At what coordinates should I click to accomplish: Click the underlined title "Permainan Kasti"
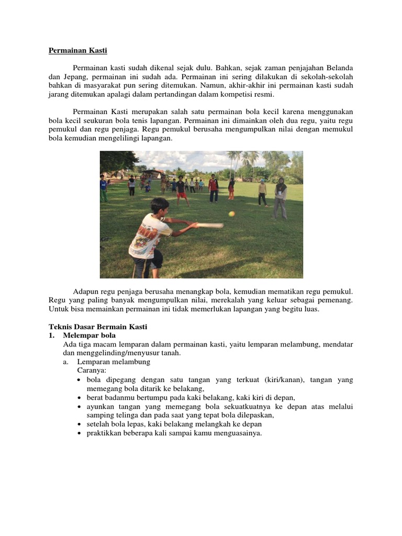click(77, 51)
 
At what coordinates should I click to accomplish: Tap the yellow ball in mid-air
click(231, 214)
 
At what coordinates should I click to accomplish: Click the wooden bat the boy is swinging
click(206, 226)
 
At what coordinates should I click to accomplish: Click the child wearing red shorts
click(181, 190)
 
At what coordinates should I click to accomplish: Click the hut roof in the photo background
click(152, 172)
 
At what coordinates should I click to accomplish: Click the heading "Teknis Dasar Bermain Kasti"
click(98, 327)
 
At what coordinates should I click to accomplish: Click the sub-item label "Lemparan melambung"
click(114, 362)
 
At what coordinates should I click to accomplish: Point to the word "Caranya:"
click(92, 371)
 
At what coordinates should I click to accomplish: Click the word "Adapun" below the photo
click(85, 291)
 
